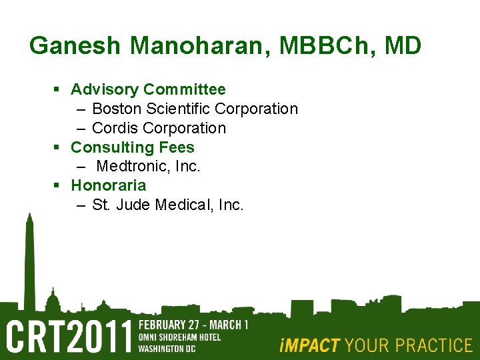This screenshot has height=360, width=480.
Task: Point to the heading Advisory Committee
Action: pos(148,89)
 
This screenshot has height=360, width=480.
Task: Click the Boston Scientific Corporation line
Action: pos(195,109)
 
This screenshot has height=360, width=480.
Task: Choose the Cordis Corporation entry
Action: pos(159,128)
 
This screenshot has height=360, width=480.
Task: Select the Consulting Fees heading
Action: pos(132,147)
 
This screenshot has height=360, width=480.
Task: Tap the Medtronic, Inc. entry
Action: pos(148,166)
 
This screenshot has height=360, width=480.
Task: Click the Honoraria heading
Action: pos(108,185)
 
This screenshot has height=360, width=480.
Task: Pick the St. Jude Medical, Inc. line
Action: pos(168,205)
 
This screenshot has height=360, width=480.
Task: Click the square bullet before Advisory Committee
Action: pos(58,89)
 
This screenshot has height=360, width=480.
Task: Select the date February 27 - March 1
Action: pos(193,325)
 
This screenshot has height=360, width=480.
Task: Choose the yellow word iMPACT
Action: pos(309,345)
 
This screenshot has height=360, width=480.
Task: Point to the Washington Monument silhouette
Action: pos(29,260)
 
